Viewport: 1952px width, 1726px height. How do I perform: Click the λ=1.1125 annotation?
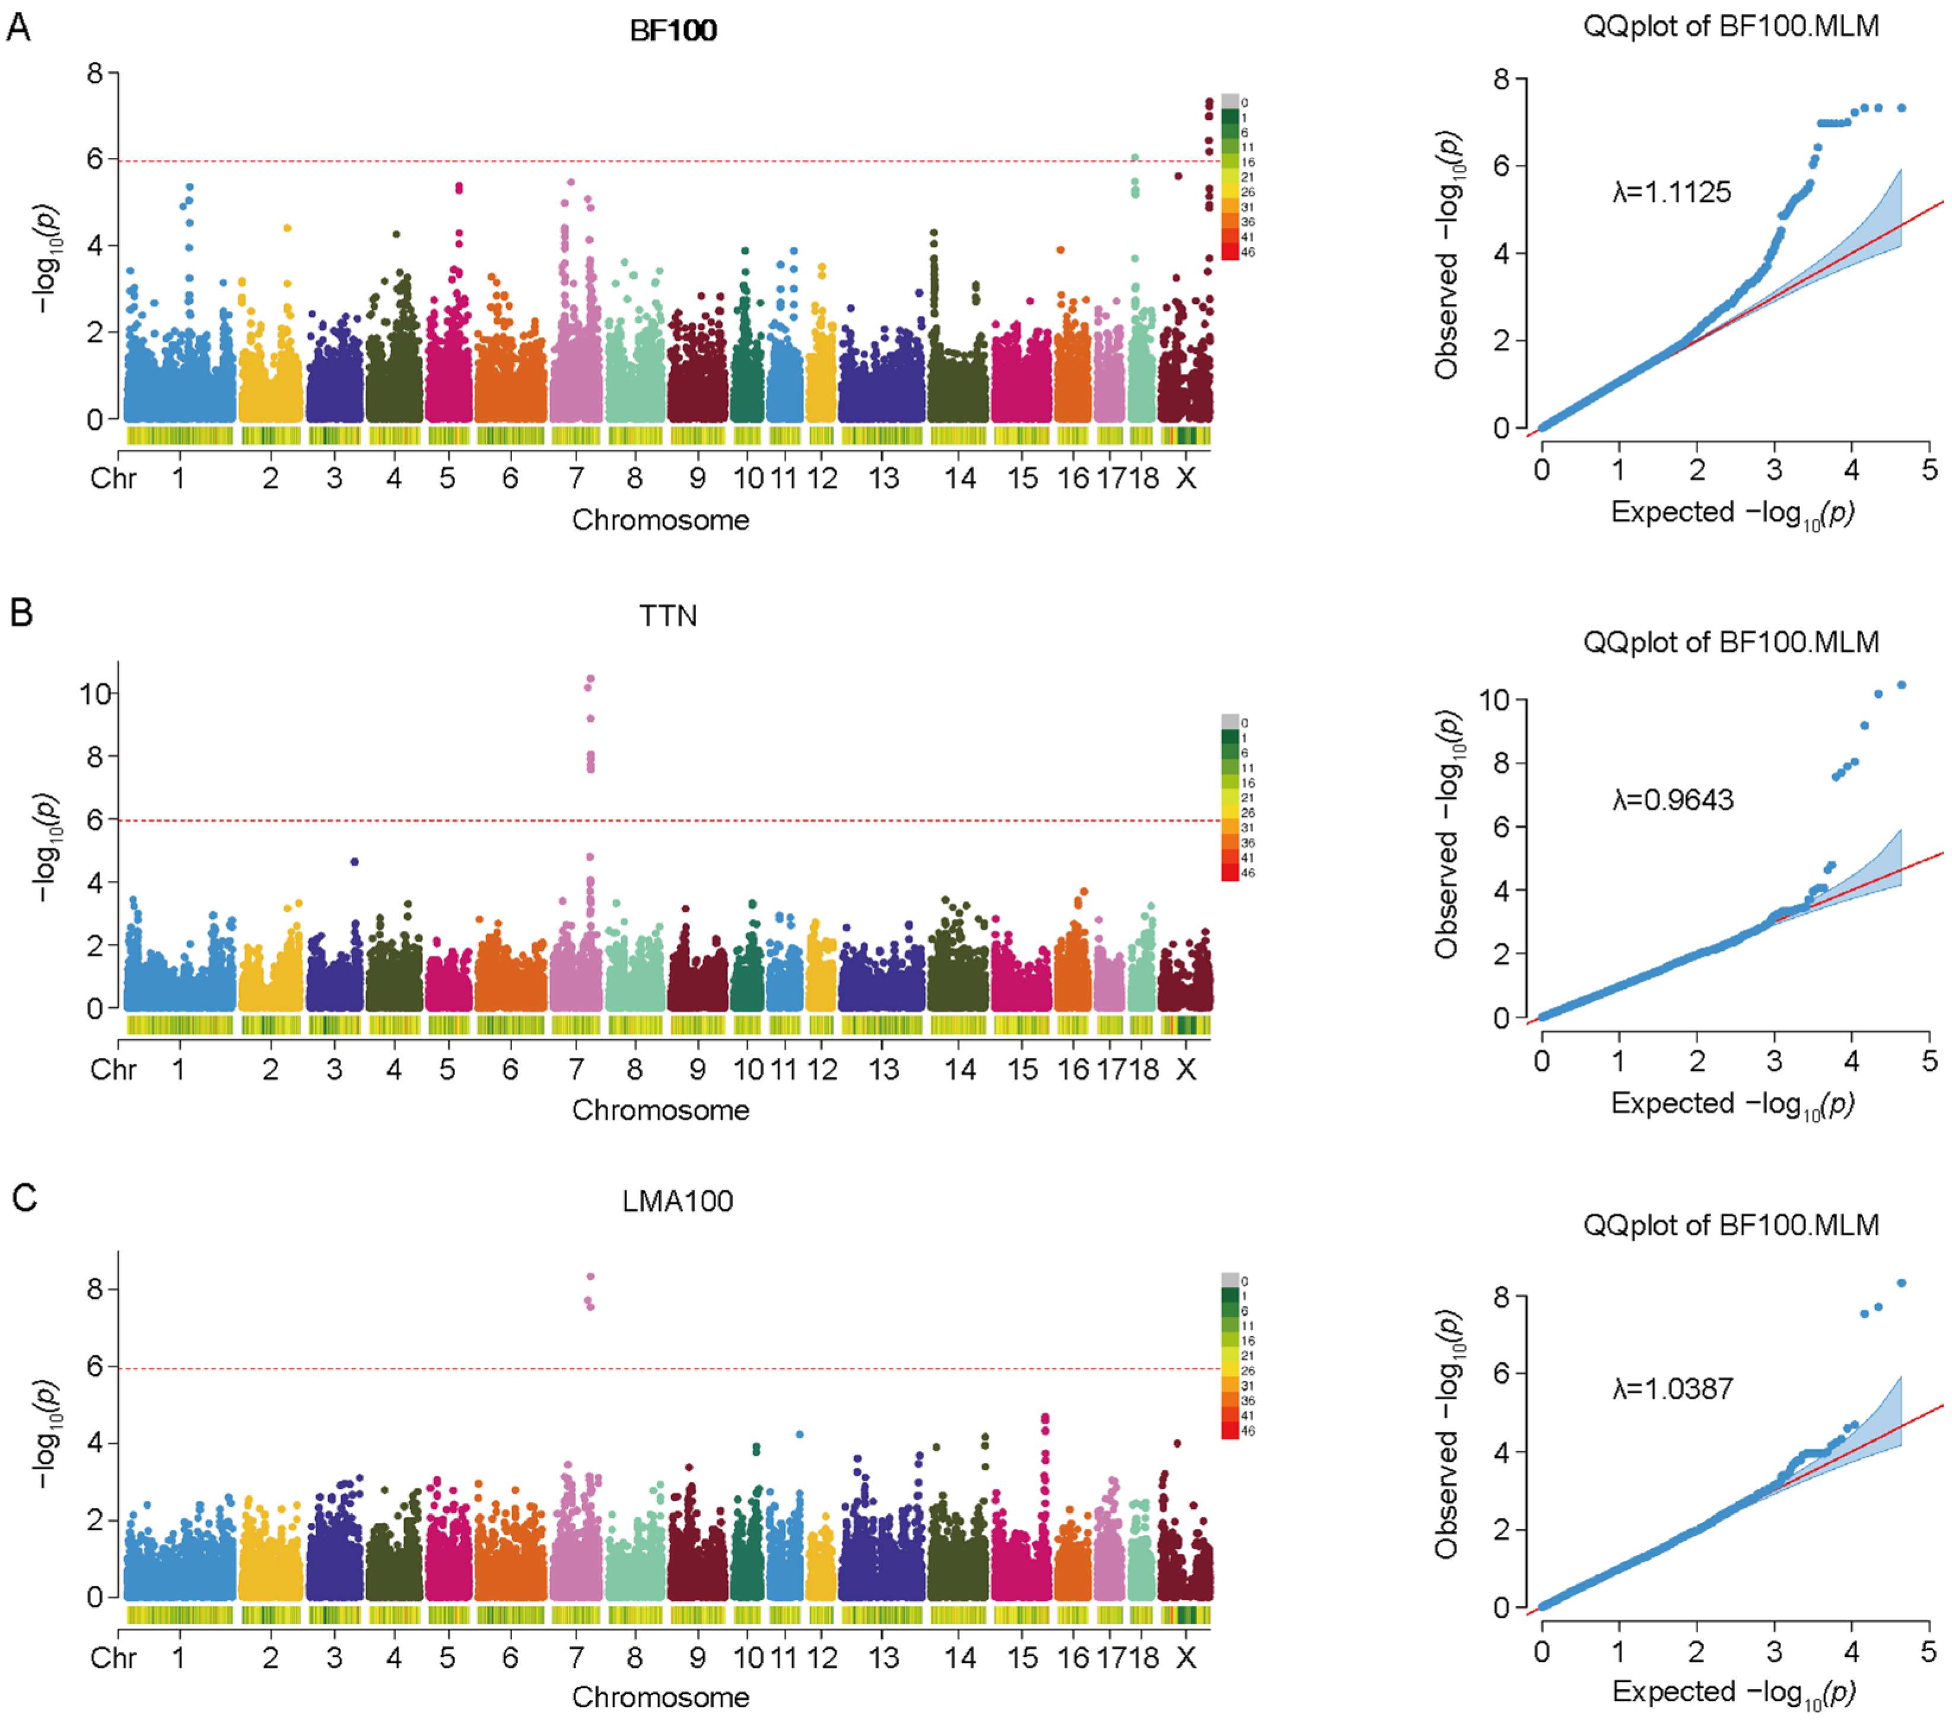pos(1671,193)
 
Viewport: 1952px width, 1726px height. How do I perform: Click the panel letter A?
pos(19,28)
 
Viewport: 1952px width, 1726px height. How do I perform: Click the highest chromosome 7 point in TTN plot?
pos(590,679)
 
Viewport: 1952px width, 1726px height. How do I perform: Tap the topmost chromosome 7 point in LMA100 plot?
pos(590,1276)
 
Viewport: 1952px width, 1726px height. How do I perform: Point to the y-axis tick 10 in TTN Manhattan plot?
pos(96,693)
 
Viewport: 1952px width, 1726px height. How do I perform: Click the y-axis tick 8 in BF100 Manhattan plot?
pos(96,74)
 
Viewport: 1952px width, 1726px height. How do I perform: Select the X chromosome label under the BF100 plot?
pos(1185,478)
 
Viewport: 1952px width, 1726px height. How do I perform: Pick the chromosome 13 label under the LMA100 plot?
pos(883,1657)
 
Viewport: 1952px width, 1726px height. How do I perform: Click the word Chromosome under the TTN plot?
pos(661,1110)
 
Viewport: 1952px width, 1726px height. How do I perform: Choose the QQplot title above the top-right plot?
pos(1731,26)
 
